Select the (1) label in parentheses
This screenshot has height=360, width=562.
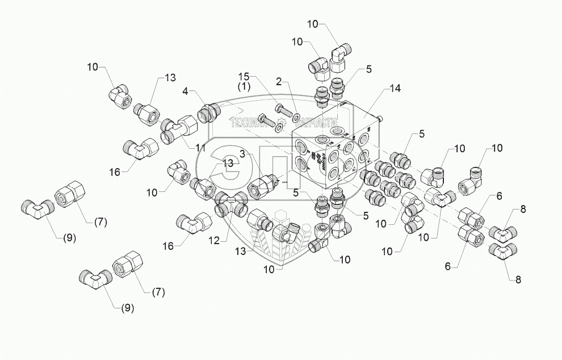(244, 86)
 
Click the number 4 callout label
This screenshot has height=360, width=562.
(186, 91)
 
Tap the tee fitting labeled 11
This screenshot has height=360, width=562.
(177, 129)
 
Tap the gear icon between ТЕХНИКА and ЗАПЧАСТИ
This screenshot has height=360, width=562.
(281, 122)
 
